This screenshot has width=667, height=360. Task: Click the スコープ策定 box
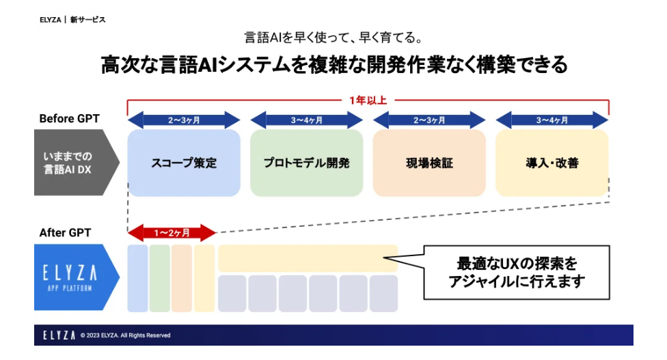pos(184,163)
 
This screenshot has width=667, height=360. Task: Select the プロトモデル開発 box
pos(306,163)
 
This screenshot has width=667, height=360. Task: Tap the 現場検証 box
pos(428,163)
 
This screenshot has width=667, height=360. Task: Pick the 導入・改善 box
pos(552,163)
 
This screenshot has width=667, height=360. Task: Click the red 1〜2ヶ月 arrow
pos(172,233)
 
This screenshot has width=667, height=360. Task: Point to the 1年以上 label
pos(368,100)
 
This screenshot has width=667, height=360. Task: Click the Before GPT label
pos(69,119)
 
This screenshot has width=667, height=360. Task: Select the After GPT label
pos(65,233)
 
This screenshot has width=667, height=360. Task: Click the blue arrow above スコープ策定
pos(184,120)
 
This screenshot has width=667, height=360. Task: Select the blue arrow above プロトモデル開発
pos(306,120)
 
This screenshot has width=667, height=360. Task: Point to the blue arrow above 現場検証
pos(428,120)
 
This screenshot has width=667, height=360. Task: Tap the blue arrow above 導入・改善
pos(552,120)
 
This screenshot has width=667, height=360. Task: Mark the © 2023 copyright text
pos(125,335)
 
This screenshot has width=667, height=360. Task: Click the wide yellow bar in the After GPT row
pos(308,258)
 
